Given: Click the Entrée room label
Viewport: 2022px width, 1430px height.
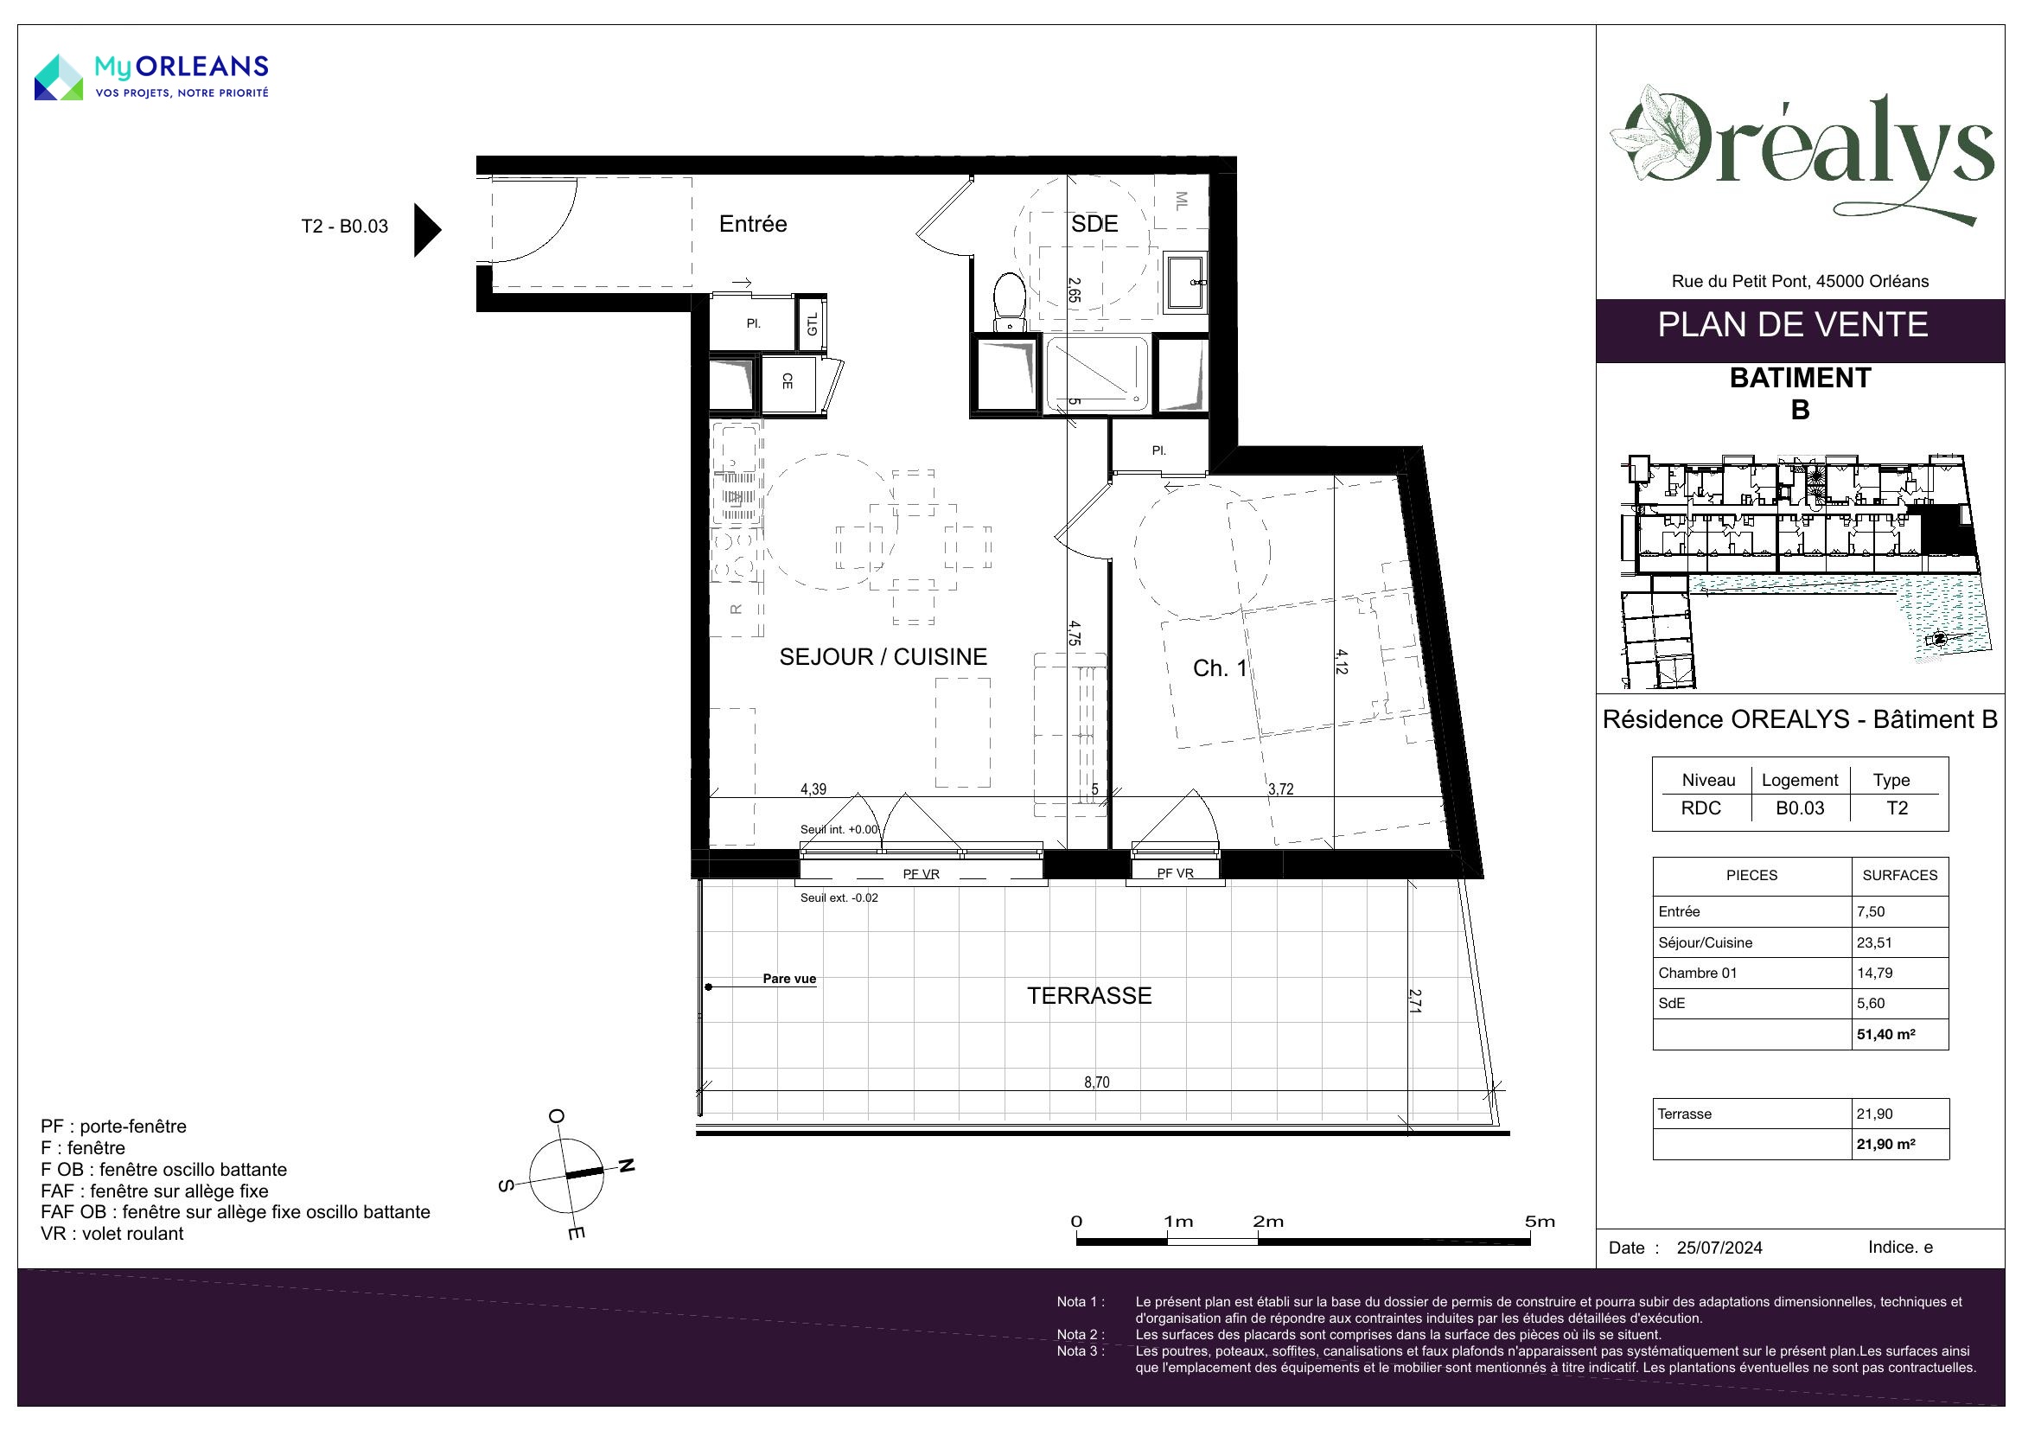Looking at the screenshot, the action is click(x=753, y=224).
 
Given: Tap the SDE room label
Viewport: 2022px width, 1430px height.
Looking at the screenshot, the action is click(x=1094, y=224).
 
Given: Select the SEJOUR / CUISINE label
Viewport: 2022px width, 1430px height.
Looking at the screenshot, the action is click(x=883, y=657).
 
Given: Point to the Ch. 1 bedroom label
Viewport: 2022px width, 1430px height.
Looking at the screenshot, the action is click(x=1220, y=668).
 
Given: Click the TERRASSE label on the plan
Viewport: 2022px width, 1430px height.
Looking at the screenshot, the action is click(x=1089, y=996).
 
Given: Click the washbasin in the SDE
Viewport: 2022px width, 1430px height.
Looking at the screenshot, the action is click(x=1184, y=282).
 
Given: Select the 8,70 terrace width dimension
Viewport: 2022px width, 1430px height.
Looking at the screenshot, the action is click(x=1096, y=1082).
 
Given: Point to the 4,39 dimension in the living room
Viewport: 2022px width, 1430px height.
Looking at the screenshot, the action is click(x=813, y=789).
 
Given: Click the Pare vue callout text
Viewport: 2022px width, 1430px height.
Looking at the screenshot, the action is click(x=789, y=979).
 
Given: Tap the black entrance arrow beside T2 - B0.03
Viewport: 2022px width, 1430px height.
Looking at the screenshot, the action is click(x=427, y=230).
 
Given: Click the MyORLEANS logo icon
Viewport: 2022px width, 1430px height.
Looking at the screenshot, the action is click(x=59, y=77).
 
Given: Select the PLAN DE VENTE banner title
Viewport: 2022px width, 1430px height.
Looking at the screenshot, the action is click(x=1793, y=325).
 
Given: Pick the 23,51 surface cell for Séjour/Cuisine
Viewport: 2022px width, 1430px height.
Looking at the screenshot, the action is click(x=1874, y=942).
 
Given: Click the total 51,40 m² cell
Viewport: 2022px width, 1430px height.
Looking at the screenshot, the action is click(x=1886, y=1035).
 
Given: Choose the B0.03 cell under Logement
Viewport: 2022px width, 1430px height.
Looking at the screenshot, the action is click(x=1800, y=808).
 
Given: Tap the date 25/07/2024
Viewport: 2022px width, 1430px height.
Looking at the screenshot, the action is click(x=1720, y=1248).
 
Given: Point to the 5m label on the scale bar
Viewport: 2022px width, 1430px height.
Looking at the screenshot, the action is click(x=1540, y=1222).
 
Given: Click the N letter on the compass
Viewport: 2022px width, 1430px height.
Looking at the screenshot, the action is click(x=625, y=1165).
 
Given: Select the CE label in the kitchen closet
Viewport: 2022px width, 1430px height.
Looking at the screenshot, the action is click(x=788, y=381).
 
